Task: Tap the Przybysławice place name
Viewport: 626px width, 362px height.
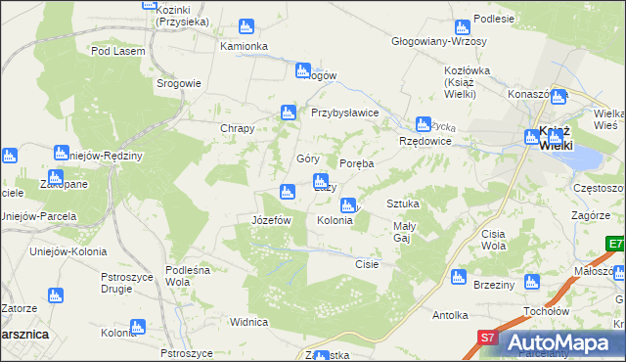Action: click(344, 113)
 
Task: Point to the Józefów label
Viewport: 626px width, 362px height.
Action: click(272, 221)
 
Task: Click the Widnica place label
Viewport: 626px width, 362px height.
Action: click(248, 322)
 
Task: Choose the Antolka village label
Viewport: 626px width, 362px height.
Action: click(452, 316)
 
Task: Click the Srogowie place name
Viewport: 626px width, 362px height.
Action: click(179, 83)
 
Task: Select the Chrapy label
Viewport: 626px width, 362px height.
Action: click(238, 129)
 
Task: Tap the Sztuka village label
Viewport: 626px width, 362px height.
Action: click(403, 204)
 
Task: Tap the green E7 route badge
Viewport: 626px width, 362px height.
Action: click(614, 245)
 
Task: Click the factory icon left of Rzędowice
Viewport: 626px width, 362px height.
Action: click(423, 124)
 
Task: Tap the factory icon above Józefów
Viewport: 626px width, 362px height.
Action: click(287, 191)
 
